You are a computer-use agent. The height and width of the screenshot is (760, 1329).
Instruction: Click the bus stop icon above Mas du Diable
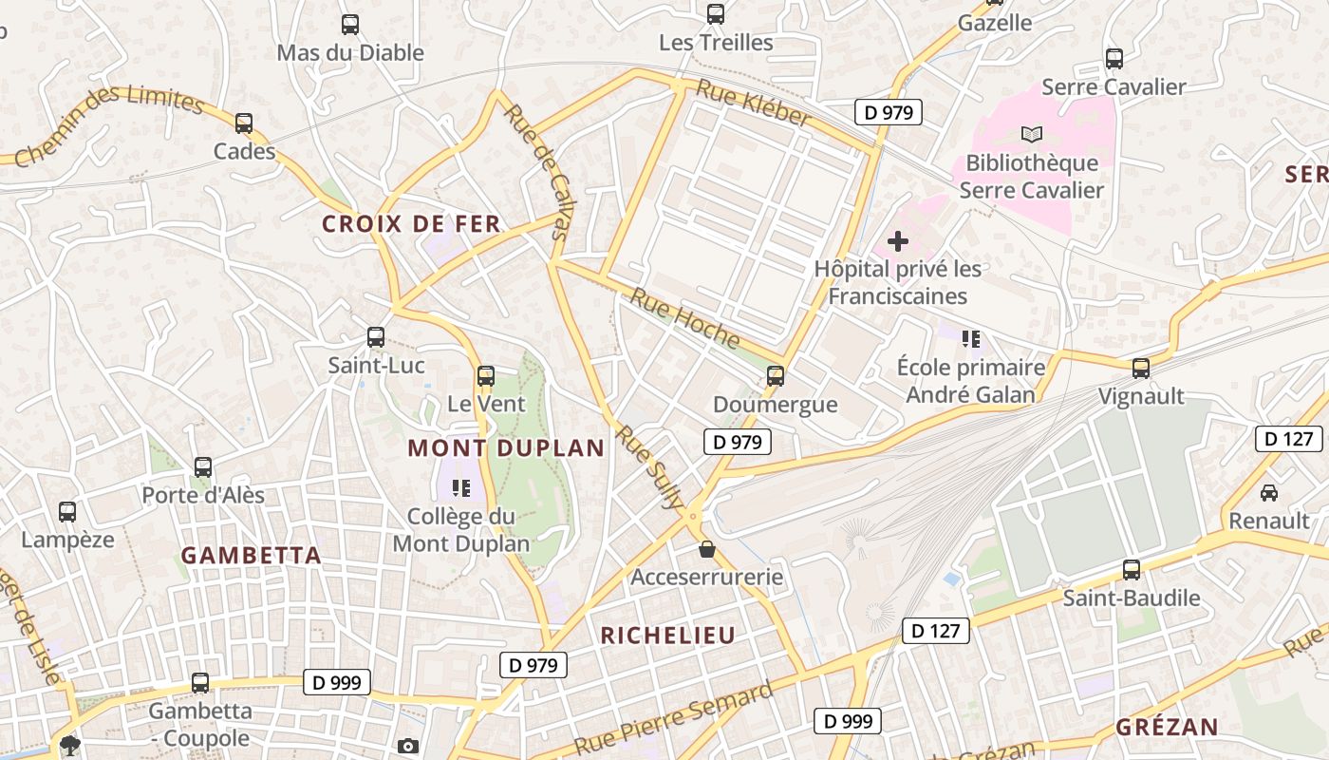pyautogui.click(x=350, y=25)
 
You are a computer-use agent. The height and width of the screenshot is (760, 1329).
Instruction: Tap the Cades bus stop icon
pyautogui.click(x=244, y=123)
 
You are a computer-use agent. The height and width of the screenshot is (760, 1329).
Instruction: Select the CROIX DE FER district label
pyautogui.click(x=411, y=224)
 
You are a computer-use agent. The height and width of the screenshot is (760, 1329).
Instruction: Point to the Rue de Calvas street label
pyautogui.click(x=537, y=171)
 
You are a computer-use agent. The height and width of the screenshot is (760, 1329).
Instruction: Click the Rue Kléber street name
pyautogui.click(x=754, y=104)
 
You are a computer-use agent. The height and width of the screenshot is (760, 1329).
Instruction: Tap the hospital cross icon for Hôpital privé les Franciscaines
pyautogui.click(x=897, y=241)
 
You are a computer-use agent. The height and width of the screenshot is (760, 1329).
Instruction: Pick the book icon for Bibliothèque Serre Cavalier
pyautogui.click(x=1031, y=135)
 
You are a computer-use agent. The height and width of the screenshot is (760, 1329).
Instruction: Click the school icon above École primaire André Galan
pyautogui.click(x=970, y=338)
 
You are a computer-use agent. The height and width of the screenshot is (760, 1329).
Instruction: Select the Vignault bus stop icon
pyautogui.click(x=1141, y=368)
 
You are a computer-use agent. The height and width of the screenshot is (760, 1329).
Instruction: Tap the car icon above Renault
pyautogui.click(x=1268, y=492)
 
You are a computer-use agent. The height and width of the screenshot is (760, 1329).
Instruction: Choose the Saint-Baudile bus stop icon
pyautogui.click(x=1132, y=570)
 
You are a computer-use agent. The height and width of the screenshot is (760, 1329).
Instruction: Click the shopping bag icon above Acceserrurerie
pyautogui.click(x=706, y=549)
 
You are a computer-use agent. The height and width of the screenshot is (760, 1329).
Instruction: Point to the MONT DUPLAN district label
pyautogui.click(x=506, y=448)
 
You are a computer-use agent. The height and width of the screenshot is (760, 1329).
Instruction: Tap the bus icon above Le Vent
pyautogui.click(x=486, y=376)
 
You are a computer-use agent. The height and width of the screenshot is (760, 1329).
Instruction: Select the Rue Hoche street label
pyautogui.click(x=684, y=317)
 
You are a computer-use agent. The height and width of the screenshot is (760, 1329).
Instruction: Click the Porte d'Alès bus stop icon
pyautogui.click(x=203, y=467)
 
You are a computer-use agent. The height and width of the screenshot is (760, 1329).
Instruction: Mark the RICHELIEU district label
pyautogui.click(x=668, y=636)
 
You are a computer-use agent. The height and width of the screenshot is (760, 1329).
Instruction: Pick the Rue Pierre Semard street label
pyautogui.click(x=675, y=716)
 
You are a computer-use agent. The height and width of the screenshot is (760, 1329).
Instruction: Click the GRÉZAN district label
pyautogui.click(x=1167, y=728)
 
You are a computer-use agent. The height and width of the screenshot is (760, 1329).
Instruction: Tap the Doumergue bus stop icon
pyautogui.click(x=776, y=376)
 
